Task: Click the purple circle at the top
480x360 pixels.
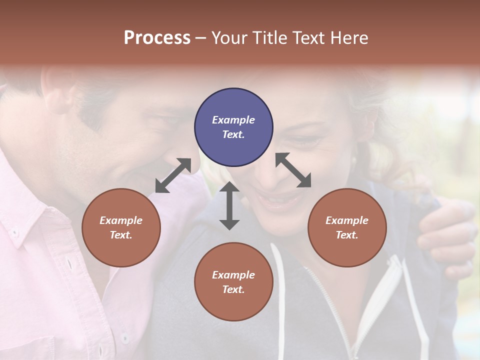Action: [x=233, y=127]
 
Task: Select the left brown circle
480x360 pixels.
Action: [x=121, y=227]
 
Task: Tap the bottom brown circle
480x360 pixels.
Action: [x=233, y=282]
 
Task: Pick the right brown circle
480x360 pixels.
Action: [x=346, y=227]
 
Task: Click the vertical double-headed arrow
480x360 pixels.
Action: [x=229, y=205]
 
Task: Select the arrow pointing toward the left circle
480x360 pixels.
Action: [x=173, y=175]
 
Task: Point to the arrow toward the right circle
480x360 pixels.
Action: [x=293, y=170]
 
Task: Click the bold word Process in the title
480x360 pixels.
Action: [x=157, y=37]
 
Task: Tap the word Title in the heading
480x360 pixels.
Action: [x=273, y=37]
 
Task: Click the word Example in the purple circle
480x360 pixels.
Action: [x=233, y=120]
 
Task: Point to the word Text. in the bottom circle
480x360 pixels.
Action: [x=233, y=289]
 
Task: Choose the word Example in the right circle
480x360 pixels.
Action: [x=346, y=220]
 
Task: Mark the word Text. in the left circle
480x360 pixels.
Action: [x=121, y=235]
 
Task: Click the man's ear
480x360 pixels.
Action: [x=57, y=90]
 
